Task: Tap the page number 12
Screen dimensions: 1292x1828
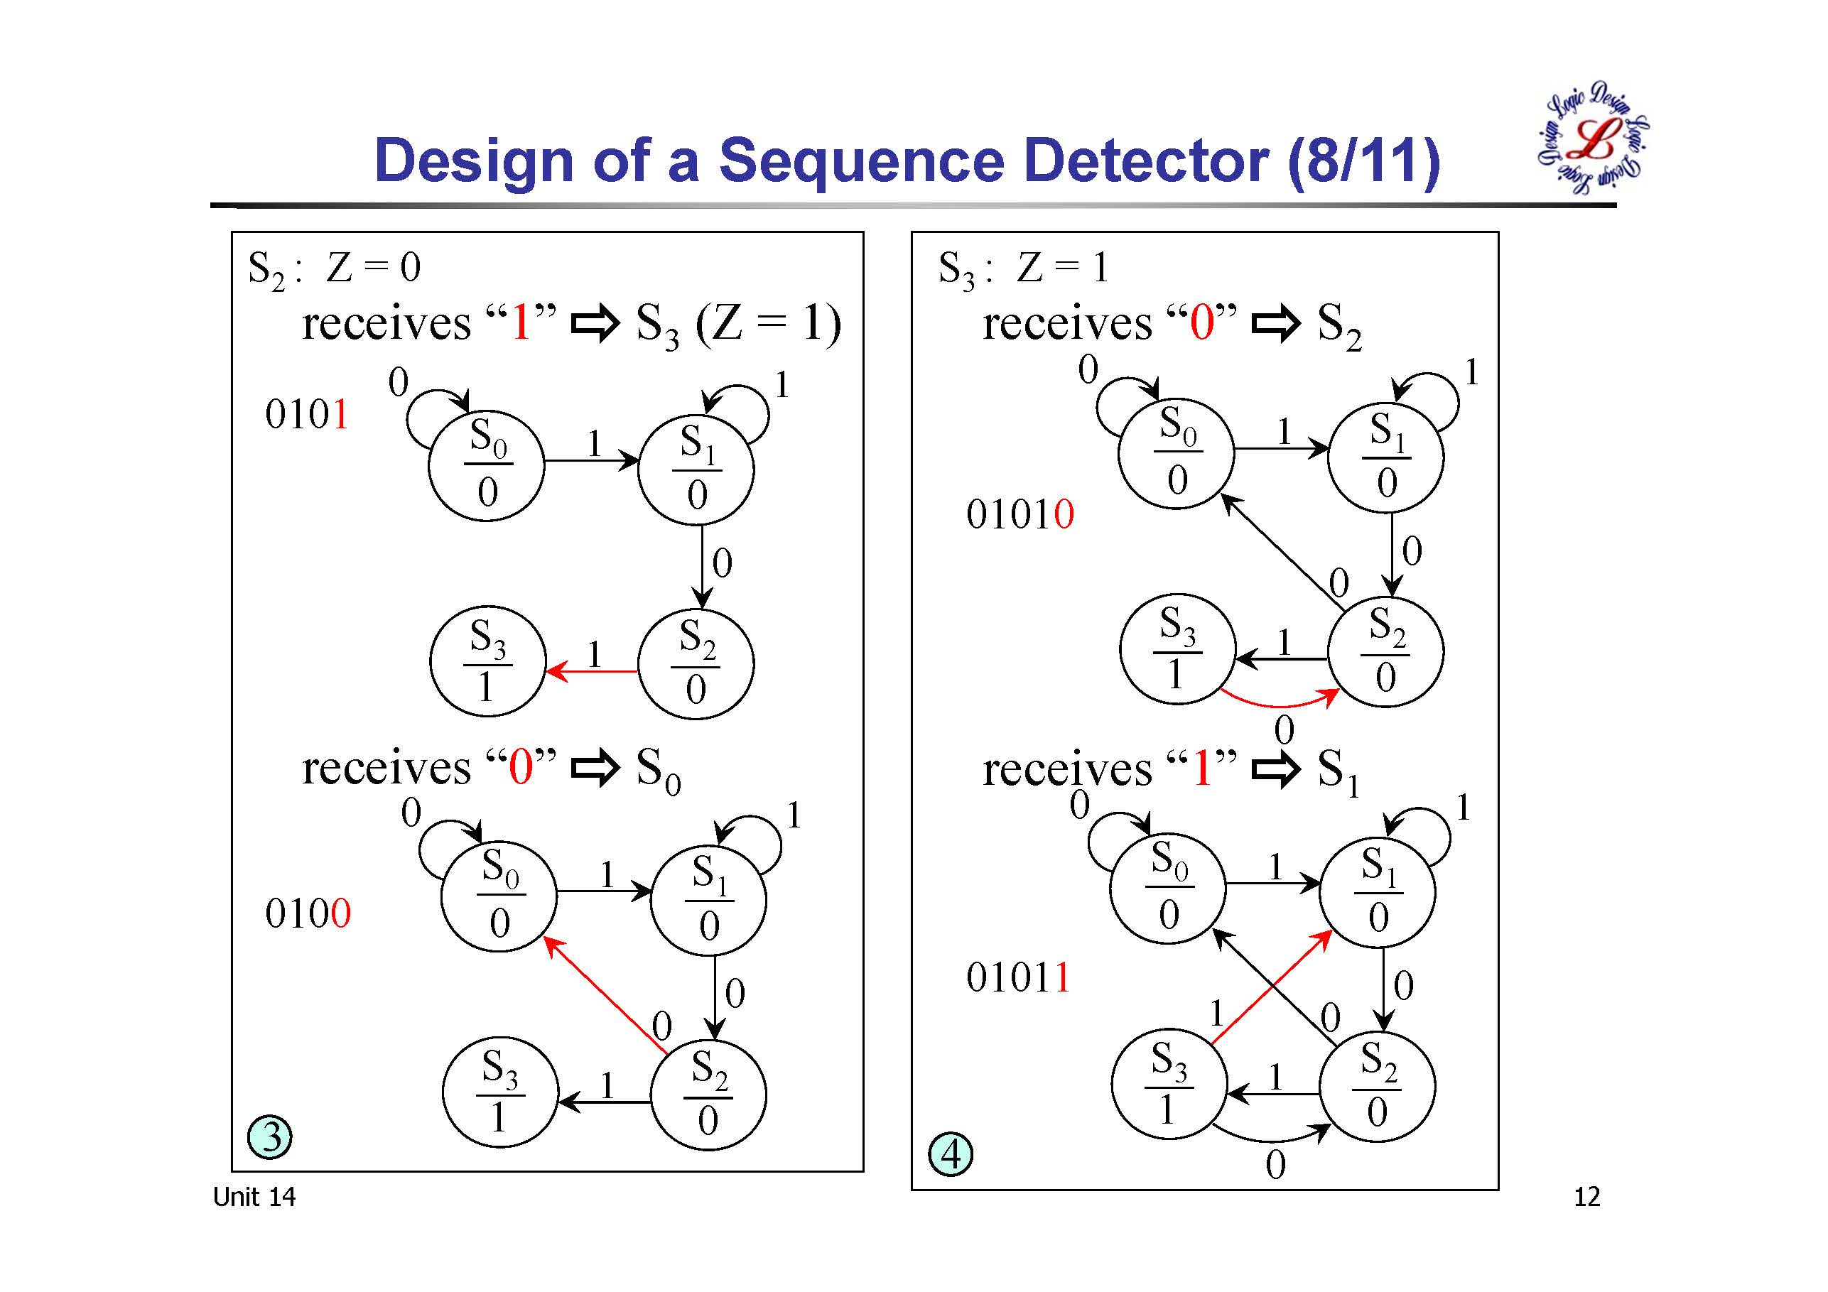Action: (1586, 1197)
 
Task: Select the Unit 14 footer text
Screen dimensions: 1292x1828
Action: (254, 1197)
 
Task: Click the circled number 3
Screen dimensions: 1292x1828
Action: (270, 1136)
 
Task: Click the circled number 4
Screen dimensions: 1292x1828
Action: (951, 1154)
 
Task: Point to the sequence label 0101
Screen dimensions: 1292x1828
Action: (306, 415)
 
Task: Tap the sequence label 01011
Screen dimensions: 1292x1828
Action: (1018, 977)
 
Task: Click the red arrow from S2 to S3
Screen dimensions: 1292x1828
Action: (593, 672)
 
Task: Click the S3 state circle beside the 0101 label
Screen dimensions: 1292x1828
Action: (487, 662)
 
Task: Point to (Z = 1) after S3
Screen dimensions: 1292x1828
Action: (768, 324)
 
